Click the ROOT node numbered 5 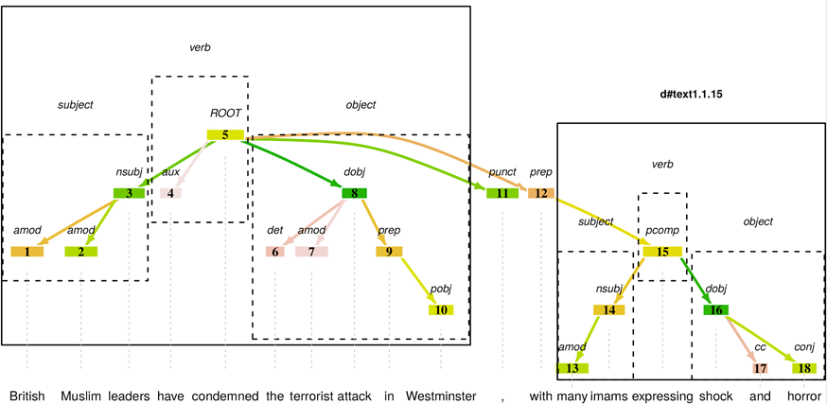click(x=225, y=134)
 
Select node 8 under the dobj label click(x=354, y=193)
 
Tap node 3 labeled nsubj click(x=130, y=193)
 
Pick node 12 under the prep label click(x=541, y=193)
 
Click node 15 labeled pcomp click(x=662, y=251)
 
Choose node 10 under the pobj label click(x=441, y=309)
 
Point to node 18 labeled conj click(x=804, y=368)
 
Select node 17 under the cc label click(x=760, y=368)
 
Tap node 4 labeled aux click(x=171, y=193)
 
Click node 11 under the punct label click(x=502, y=193)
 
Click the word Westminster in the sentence click(x=440, y=396)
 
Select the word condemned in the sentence click(x=225, y=396)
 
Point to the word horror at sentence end click(x=804, y=396)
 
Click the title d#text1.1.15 click(x=696, y=96)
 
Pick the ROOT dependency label click(x=225, y=114)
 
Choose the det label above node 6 click(x=275, y=230)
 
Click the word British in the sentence click(x=27, y=396)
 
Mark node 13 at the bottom click(x=572, y=368)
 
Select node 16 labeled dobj click(x=716, y=309)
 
